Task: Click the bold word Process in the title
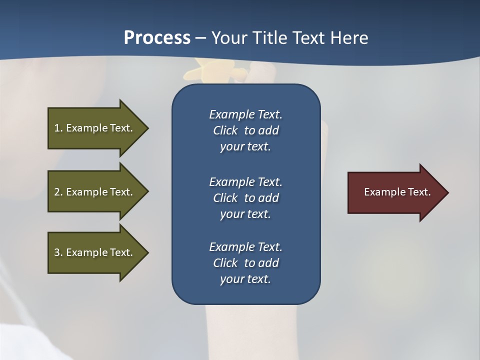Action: point(157,38)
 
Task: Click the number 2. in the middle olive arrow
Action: point(58,192)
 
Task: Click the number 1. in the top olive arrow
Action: point(58,128)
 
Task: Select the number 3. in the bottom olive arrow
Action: point(58,252)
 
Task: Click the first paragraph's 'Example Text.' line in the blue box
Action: point(245,114)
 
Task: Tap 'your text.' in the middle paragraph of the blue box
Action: point(245,214)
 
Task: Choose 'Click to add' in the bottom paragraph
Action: point(245,263)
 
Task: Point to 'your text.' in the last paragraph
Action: point(245,279)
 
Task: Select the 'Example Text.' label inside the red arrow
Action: point(397,192)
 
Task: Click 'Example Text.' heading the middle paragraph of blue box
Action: point(245,181)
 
